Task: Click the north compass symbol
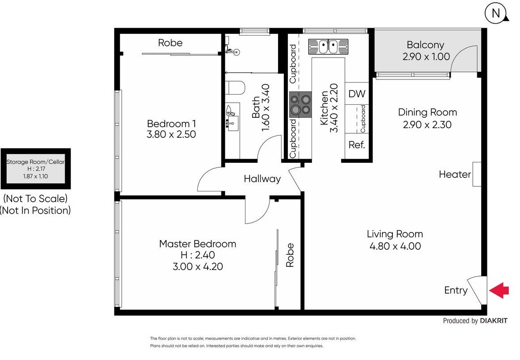[x=496, y=13]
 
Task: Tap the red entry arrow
[x=499, y=290]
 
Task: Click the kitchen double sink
[x=328, y=46]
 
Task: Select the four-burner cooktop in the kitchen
[x=300, y=104]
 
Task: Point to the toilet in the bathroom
[x=235, y=88]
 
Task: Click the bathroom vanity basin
[x=233, y=123]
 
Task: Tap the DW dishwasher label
[x=357, y=94]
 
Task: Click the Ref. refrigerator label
[x=357, y=145]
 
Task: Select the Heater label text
[x=455, y=174]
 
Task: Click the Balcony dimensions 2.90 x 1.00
[x=426, y=57]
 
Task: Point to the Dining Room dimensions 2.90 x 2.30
[x=427, y=124]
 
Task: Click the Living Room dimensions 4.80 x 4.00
[x=395, y=246]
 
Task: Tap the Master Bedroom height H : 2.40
[x=198, y=255]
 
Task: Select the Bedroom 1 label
[x=171, y=124]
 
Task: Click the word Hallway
[x=262, y=179]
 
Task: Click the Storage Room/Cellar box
[x=35, y=169]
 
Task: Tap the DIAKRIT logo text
[x=494, y=321]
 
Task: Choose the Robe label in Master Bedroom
[x=290, y=255]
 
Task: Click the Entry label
[x=456, y=290]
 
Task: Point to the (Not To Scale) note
[x=35, y=199]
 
